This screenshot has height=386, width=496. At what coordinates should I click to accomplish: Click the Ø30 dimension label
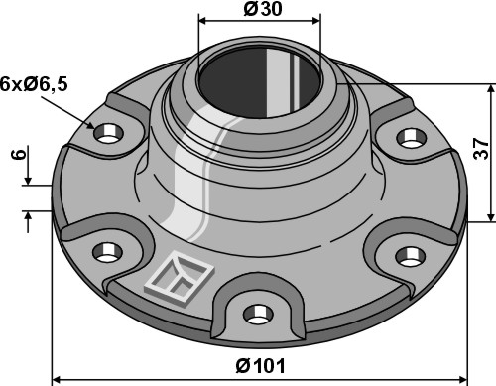pyautogui.click(x=259, y=8)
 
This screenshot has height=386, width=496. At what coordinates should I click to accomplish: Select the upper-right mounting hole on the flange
pyautogui.click(x=408, y=136)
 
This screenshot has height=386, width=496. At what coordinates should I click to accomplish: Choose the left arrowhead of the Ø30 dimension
pyautogui.click(x=204, y=19)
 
